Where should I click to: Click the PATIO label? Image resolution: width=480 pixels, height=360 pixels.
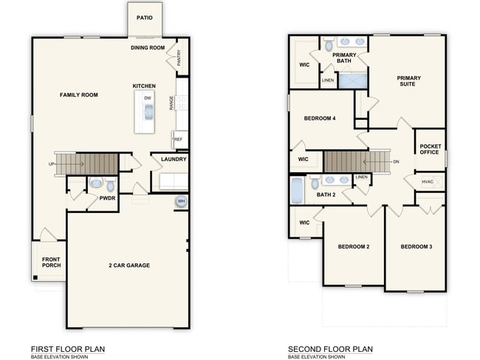(x=145, y=17)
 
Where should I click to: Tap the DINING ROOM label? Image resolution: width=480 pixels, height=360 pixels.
(x=148, y=48)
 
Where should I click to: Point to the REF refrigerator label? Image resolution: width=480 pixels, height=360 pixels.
(x=178, y=138)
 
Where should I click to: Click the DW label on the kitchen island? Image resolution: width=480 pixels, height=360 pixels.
(x=148, y=98)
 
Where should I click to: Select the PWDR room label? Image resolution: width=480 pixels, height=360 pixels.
(x=108, y=198)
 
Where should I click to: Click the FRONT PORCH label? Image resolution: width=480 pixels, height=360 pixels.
(x=51, y=262)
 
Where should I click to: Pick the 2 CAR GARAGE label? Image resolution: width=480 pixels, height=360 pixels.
(x=129, y=264)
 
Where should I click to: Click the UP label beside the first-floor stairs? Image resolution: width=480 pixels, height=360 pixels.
(x=52, y=163)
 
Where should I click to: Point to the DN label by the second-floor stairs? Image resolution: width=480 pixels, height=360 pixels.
(x=396, y=162)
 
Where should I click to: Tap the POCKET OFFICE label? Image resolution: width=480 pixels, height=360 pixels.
(x=430, y=149)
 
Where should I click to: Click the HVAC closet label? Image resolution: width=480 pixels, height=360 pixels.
(x=428, y=181)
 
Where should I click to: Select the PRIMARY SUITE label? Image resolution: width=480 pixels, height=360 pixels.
(x=407, y=81)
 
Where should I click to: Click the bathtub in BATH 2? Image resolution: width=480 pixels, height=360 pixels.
(x=297, y=191)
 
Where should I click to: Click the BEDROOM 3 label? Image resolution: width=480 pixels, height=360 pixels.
(x=416, y=246)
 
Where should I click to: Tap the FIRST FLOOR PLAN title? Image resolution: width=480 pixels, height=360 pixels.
(x=67, y=349)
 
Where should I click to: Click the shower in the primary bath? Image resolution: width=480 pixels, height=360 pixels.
(x=353, y=80)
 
